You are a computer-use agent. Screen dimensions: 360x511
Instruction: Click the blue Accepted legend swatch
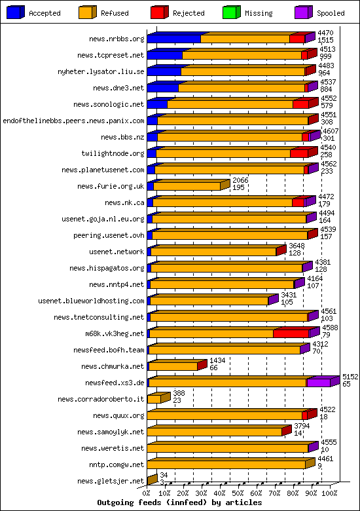(x=15, y=12)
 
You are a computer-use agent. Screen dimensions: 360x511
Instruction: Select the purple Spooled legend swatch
(x=303, y=12)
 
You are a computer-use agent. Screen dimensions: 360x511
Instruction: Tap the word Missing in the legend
(x=259, y=13)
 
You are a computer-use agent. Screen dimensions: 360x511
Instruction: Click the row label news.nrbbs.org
(x=117, y=39)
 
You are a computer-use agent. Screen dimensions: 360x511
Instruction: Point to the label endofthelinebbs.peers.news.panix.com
(x=73, y=121)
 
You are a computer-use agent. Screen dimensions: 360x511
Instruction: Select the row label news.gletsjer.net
(x=111, y=481)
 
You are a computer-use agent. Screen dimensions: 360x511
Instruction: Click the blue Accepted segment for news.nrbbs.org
(x=174, y=39)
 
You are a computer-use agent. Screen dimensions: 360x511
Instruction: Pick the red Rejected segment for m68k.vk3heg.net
(x=291, y=333)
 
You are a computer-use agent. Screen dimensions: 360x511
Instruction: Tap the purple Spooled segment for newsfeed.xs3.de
(x=319, y=383)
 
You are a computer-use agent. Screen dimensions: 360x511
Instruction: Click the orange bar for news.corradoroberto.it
(x=154, y=399)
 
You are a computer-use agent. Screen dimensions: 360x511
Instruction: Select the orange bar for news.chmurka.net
(x=173, y=367)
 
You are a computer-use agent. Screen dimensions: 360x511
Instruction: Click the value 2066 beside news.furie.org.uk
(x=240, y=180)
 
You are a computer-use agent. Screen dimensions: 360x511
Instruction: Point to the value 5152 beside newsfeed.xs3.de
(x=350, y=377)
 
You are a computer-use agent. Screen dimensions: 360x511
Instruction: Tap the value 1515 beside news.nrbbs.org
(x=325, y=40)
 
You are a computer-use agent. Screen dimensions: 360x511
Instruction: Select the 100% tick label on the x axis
(x=329, y=493)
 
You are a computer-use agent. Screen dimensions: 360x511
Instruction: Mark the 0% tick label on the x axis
(x=147, y=493)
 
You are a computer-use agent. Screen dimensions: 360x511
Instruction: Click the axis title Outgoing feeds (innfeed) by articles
(x=179, y=502)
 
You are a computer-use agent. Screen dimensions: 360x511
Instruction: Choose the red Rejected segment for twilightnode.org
(x=299, y=153)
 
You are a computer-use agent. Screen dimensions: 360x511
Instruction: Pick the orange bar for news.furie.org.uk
(x=187, y=187)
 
